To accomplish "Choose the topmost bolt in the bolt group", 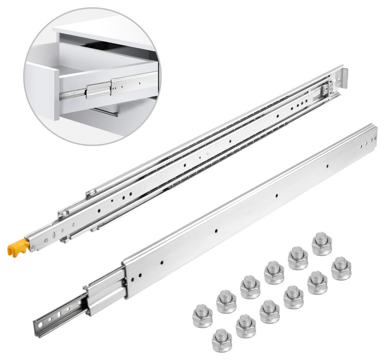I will click(x=322, y=244).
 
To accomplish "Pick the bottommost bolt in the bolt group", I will click(x=222, y=341).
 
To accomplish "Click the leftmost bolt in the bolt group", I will click(x=202, y=316).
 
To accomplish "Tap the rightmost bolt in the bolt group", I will click(x=341, y=268).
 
